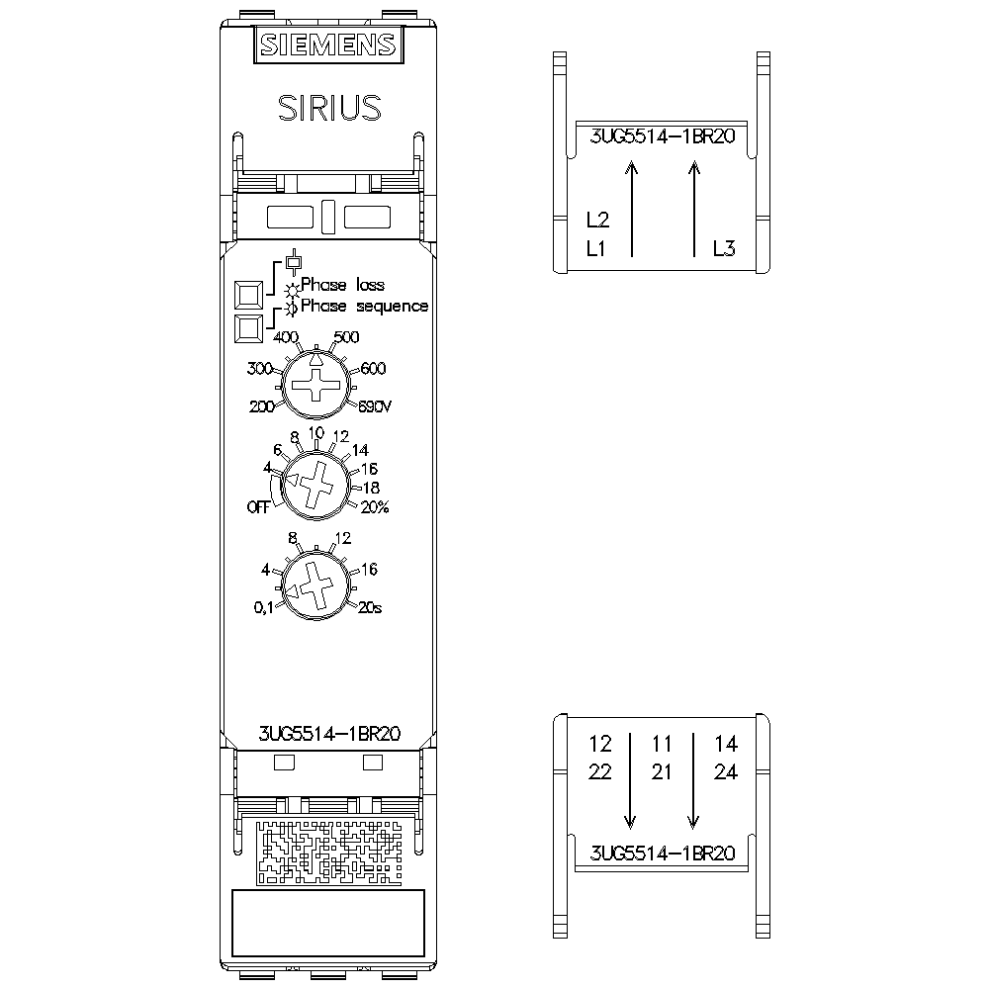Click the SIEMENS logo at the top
pyautogui.click(x=328, y=45)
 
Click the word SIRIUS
pyautogui.click(x=330, y=108)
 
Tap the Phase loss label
pyautogui.click(x=342, y=285)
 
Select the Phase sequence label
pyautogui.click(x=364, y=307)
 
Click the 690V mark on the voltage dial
pyautogui.click(x=375, y=406)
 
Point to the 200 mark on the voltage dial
pyautogui.click(x=261, y=406)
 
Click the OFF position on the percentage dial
pyautogui.click(x=258, y=507)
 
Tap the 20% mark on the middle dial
pyautogui.click(x=375, y=507)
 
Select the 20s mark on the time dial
pyautogui.click(x=370, y=607)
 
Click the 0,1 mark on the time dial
pyautogui.click(x=264, y=607)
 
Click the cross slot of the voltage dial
pyautogui.click(x=316, y=385)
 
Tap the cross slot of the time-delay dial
pyautogui.click(x=315, y=585)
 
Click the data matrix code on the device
pyautogui.click(x=329, y=852)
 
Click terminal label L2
pyautogui.click(x=598, y=220)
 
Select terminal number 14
pyautogui.click(x=726, y=744)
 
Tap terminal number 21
pyautogui.click(x=662, y=772)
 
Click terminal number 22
pyautogui.click(x=600, y=772)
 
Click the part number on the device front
pyautogui.click(x=329, y=734)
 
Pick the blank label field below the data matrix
pyautogui.click(x=328, y=923)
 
